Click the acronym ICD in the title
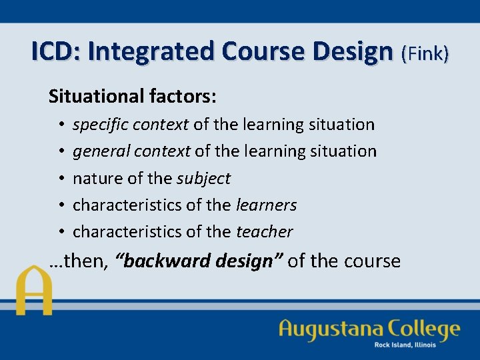tap(55, 51)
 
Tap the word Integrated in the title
tap(151, 51)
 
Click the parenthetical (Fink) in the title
tap(425, 53)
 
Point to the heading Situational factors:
tap(132, 97)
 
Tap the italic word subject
tap(203, 179)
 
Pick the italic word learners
tap(267, 205)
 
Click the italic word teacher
tap(265, 232)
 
